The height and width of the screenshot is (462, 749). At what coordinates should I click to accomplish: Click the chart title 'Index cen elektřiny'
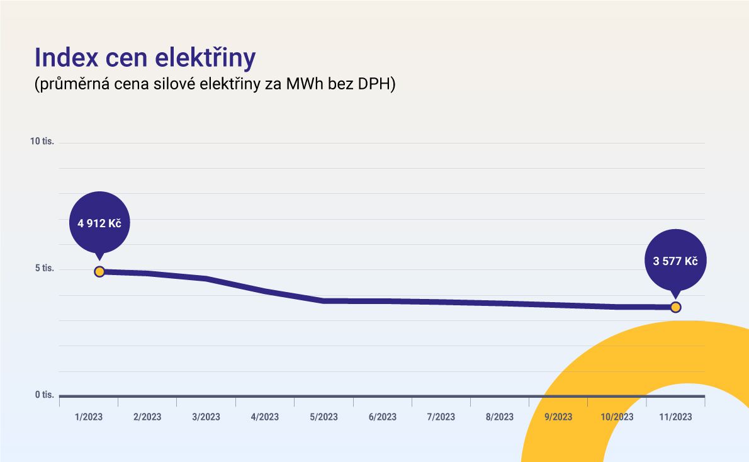pos(145,57)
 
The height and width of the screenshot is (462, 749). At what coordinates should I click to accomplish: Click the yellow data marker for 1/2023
pos(99,271)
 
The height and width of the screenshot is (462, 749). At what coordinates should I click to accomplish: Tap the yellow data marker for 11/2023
pos(675,307)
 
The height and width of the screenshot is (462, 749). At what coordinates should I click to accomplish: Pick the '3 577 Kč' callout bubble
pos(675,261)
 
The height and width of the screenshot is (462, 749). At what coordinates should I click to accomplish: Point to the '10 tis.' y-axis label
pos(43,141)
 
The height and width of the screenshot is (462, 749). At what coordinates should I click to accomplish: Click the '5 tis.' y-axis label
pos(45,269)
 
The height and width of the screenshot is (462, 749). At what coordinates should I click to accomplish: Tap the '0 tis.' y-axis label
pos(45,395)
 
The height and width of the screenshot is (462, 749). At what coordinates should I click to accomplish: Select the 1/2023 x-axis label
pos(88,417)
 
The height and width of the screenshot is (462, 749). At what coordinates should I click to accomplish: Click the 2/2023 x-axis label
pos(147,417)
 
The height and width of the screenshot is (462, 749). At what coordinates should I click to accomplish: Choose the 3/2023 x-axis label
pos(206,417)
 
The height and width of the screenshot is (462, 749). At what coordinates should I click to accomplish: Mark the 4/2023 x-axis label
pos(264,417)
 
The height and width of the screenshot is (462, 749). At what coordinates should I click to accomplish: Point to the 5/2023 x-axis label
pos(324,417)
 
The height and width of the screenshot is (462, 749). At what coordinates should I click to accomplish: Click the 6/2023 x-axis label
pos(382,417)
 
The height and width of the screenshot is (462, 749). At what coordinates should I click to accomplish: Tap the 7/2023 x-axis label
pos(441,417)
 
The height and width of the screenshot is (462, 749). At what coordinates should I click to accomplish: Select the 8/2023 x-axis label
pos(499,417)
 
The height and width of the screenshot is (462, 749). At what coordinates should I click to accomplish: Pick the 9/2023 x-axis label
pos(558,417)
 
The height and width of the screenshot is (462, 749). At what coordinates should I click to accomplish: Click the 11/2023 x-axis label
pos(675,417)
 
